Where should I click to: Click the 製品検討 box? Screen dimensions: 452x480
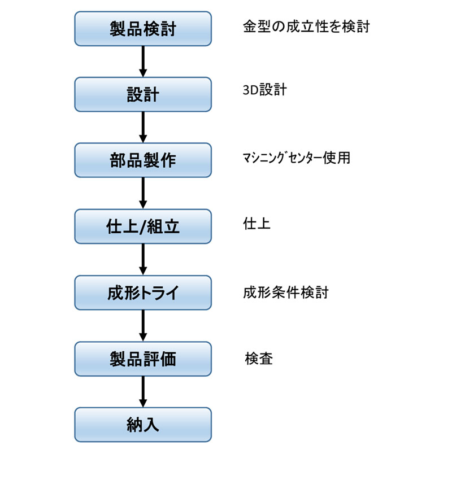coord(143,29)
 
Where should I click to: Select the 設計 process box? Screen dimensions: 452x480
coord(143,94)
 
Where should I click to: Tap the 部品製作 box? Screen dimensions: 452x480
coord(143,160)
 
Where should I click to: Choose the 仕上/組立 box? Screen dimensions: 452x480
coord(143,226)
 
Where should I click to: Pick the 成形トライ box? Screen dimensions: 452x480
coord(143,293)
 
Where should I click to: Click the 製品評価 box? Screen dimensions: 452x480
coord(143,359)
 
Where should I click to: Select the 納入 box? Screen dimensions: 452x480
coord(143,425)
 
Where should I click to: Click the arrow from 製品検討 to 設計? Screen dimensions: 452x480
coord(143,62)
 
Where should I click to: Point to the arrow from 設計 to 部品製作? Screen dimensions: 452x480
coord(143,128)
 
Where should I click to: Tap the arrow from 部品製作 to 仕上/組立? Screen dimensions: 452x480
coord(143,193)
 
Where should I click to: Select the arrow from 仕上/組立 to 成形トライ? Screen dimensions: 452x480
coord(143,260)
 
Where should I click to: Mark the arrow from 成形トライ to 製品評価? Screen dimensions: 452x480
coord(143,326)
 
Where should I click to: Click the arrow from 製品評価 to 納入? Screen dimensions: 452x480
coord(143,392)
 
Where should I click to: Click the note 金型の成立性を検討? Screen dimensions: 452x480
coord(306,27)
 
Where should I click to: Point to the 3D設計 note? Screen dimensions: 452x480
coord(265,90)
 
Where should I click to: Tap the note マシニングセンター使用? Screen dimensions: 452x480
coord(297,158)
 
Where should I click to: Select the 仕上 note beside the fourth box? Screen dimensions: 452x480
coord(257,224)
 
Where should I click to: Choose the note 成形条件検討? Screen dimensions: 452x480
coord(286,293)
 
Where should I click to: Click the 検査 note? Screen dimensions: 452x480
coord(259,359)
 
